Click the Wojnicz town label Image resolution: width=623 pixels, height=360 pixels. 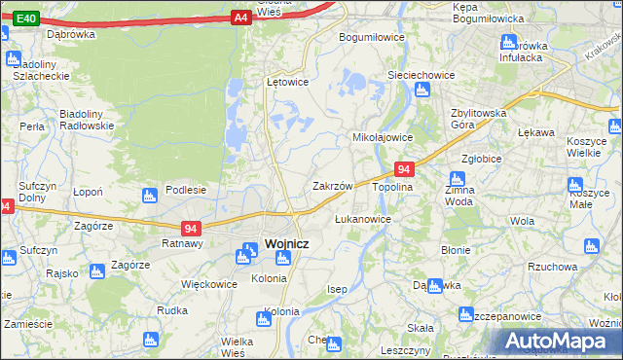[286, 243]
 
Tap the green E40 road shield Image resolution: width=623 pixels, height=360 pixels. [27, 18]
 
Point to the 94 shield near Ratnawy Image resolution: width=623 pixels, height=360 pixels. [192, 229]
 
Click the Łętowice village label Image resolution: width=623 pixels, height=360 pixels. [287, 82]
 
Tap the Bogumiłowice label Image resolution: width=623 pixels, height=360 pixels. [371, 37]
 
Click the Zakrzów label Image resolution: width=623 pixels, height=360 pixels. [332, 185]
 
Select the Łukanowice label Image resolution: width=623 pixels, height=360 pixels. [362, 219]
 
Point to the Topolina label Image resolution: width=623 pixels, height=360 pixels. [392, 186]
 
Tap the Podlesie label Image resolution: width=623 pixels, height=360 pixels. [185, 190]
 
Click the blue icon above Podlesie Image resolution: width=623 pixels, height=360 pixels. [149, 196]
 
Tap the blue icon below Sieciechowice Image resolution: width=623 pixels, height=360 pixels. [421, 90]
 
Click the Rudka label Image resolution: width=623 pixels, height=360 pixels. [171, 310]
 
